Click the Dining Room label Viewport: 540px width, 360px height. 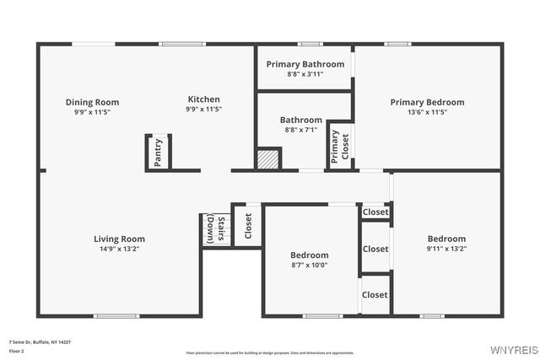tap(93, 102)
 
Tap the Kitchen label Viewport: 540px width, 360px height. tap(204, 99)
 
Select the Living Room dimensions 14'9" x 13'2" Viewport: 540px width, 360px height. tap(119, 250)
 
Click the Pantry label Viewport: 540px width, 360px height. tap(158, 153)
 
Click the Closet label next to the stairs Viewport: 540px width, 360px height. tap(248, 226)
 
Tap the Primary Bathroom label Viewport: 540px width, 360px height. tap(305, 64)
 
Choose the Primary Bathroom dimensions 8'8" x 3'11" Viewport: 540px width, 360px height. tap(305, 74)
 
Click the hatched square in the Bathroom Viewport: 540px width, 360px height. tap(267, 159)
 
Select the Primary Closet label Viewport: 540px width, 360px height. tap(339, 147)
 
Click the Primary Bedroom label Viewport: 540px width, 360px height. tap(427, 102)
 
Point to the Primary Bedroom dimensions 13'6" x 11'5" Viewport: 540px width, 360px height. tap(427, 112)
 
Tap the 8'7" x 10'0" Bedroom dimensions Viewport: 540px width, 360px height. tap(310, 266)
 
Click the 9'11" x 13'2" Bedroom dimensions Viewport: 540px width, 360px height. tap(446, 249)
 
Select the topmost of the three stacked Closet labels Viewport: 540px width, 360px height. tap(375, 212)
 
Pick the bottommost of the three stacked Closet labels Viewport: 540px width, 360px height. tap(375, 295)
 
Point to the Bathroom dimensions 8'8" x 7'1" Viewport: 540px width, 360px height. tap(301, 130)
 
